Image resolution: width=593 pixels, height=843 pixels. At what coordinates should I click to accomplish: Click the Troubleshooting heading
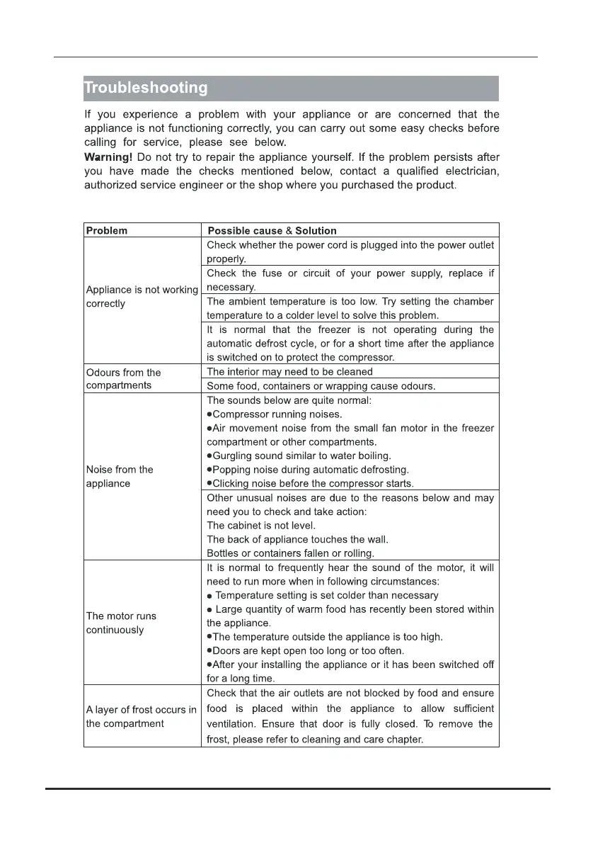click(x=146, y=89)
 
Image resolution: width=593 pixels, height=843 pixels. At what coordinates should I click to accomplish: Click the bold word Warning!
click(x=108, y=157)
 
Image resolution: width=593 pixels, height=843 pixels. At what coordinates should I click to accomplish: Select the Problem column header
click(x=107, y=230)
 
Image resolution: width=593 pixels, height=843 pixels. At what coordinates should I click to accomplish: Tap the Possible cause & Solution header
click(x=272, y=230)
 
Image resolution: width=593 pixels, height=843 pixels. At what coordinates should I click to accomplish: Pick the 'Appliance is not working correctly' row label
click(x=142, y=297)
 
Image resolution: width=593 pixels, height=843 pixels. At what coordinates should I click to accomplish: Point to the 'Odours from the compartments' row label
click(x=123, y=379)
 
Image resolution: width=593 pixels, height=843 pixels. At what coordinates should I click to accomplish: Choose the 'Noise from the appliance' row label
click(x=119, y=476)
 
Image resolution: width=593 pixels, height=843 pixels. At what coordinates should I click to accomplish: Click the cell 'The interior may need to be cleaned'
click(x=289, y=371)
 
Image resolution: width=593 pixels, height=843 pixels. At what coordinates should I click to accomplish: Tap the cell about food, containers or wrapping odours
click(x=321, y=386)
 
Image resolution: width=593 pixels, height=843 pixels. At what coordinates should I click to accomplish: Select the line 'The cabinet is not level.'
click(x=261, y=526)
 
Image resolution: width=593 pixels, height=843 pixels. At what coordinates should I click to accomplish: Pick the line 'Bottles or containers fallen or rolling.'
click(x=290, y=553)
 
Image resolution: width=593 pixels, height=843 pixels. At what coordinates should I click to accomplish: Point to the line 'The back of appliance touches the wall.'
click(x=297, y=539)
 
